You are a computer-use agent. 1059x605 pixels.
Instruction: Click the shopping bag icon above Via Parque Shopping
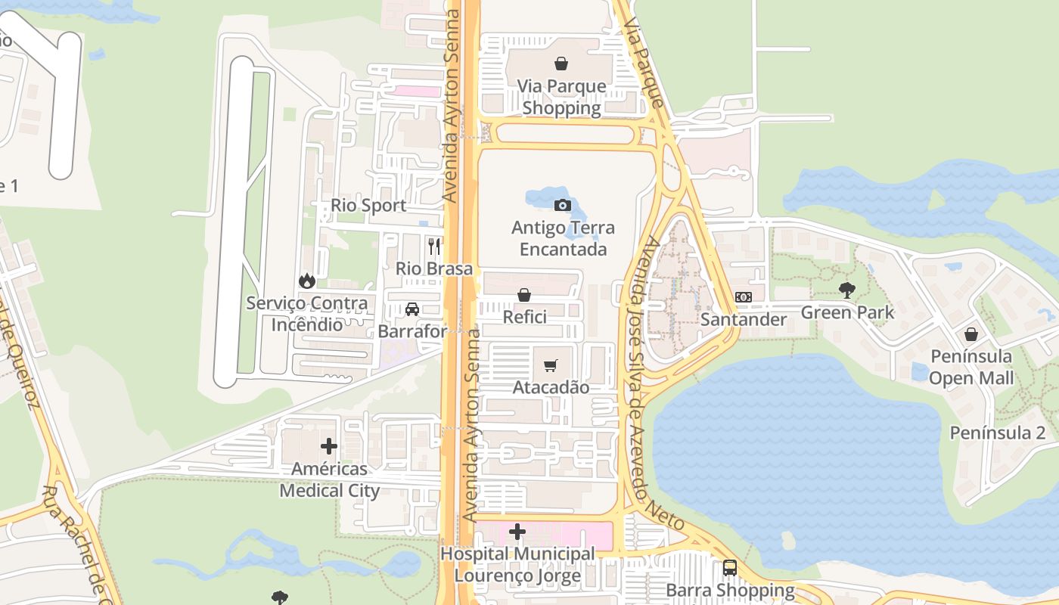(561, 64)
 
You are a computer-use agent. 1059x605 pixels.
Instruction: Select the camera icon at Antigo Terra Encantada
(562, 205)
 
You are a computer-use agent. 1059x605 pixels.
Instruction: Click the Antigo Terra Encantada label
(563, 238)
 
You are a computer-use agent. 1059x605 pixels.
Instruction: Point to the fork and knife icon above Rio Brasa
(434, 246)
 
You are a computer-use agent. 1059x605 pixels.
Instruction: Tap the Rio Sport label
(368, 206)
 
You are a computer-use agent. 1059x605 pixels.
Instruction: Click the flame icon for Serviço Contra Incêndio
(307, 281)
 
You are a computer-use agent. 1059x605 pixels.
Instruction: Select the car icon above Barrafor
(412, 309)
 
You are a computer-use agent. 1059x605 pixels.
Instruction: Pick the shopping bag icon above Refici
(523, 295)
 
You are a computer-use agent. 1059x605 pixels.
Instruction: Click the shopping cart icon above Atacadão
(551, 366)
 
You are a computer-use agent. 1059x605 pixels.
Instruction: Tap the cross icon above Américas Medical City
(328, 446)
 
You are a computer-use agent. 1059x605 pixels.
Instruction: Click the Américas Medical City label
(330, 480)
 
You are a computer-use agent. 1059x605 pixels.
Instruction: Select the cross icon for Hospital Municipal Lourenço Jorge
(517, 532)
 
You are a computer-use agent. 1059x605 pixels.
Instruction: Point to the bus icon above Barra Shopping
(730, 568)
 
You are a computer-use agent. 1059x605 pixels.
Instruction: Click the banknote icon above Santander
(744, 297)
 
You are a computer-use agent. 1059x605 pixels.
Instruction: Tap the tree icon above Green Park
(847, 290)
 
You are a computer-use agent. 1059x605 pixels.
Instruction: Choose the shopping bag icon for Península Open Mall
(971, 334)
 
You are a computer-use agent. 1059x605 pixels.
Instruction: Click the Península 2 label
(997, 433)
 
